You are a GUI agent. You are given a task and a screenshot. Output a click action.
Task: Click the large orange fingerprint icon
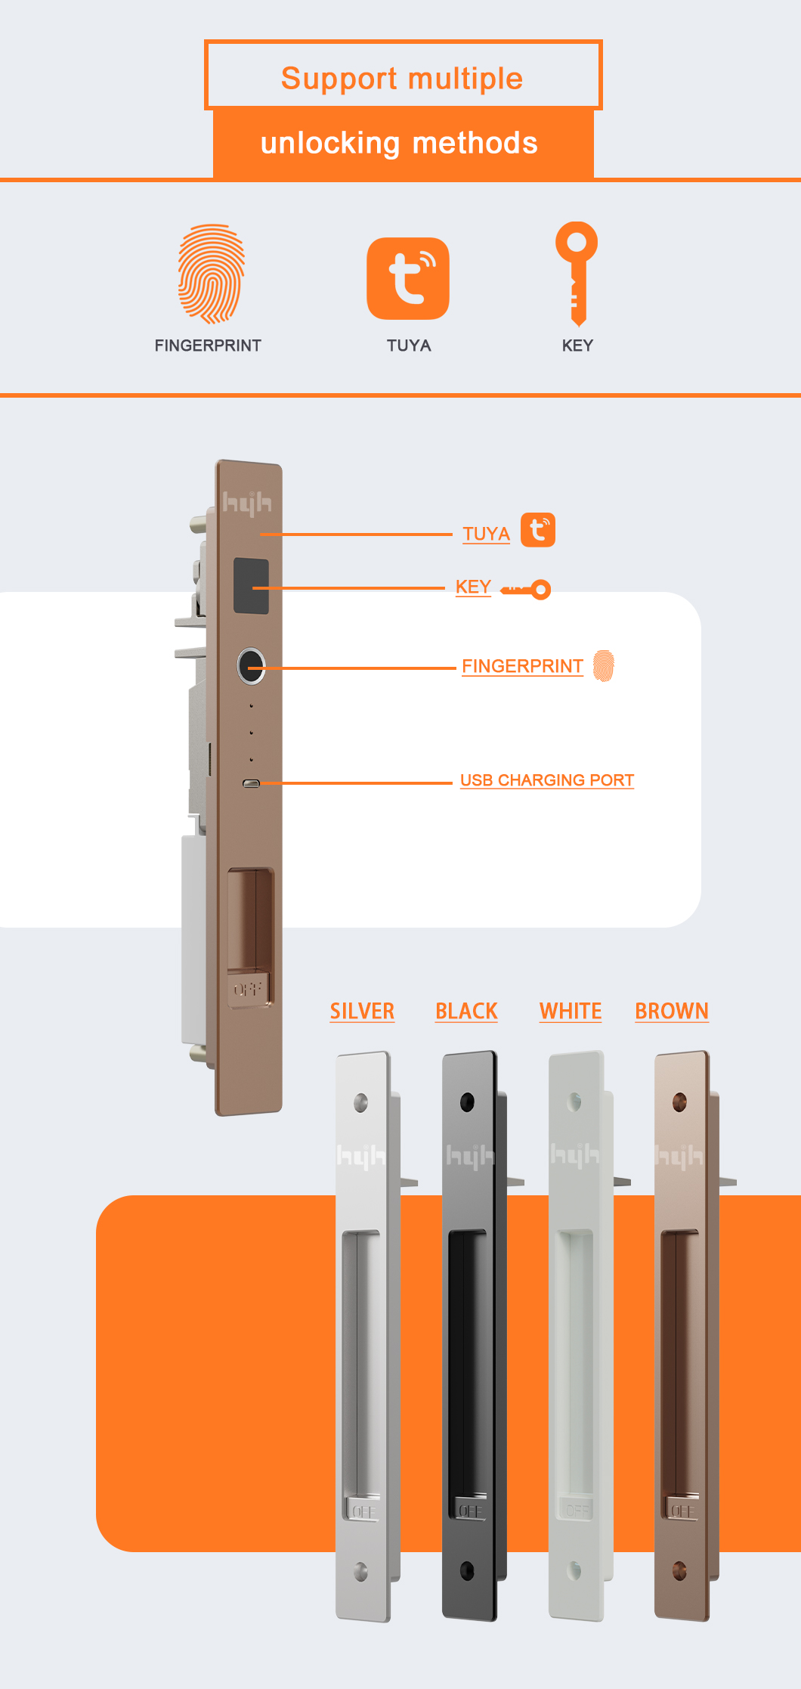212,274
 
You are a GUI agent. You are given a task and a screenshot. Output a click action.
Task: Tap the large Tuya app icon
408,278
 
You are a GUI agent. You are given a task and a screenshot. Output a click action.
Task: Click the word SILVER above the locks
362,1011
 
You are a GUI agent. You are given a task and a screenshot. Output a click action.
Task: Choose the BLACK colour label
466,1011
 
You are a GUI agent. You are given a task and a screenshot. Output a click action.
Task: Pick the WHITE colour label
571,1011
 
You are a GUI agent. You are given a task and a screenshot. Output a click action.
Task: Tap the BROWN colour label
672,1011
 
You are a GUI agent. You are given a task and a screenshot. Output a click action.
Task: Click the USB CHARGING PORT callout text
547,780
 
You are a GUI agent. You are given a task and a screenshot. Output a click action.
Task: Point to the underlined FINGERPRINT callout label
522,666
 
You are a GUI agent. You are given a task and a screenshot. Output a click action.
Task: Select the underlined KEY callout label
473,587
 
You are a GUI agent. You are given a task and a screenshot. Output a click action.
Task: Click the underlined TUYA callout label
486,534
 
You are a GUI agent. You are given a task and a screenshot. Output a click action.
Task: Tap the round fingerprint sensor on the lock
251,666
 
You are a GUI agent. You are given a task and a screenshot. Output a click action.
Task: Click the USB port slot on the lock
251,783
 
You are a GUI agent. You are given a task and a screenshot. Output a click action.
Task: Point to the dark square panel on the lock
251,586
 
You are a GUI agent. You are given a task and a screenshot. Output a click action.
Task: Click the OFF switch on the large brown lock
248,989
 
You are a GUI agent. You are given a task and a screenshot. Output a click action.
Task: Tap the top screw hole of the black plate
467,1102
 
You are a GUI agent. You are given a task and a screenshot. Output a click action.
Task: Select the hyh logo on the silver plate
360,1156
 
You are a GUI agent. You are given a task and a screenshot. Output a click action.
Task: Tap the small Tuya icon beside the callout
538,529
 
